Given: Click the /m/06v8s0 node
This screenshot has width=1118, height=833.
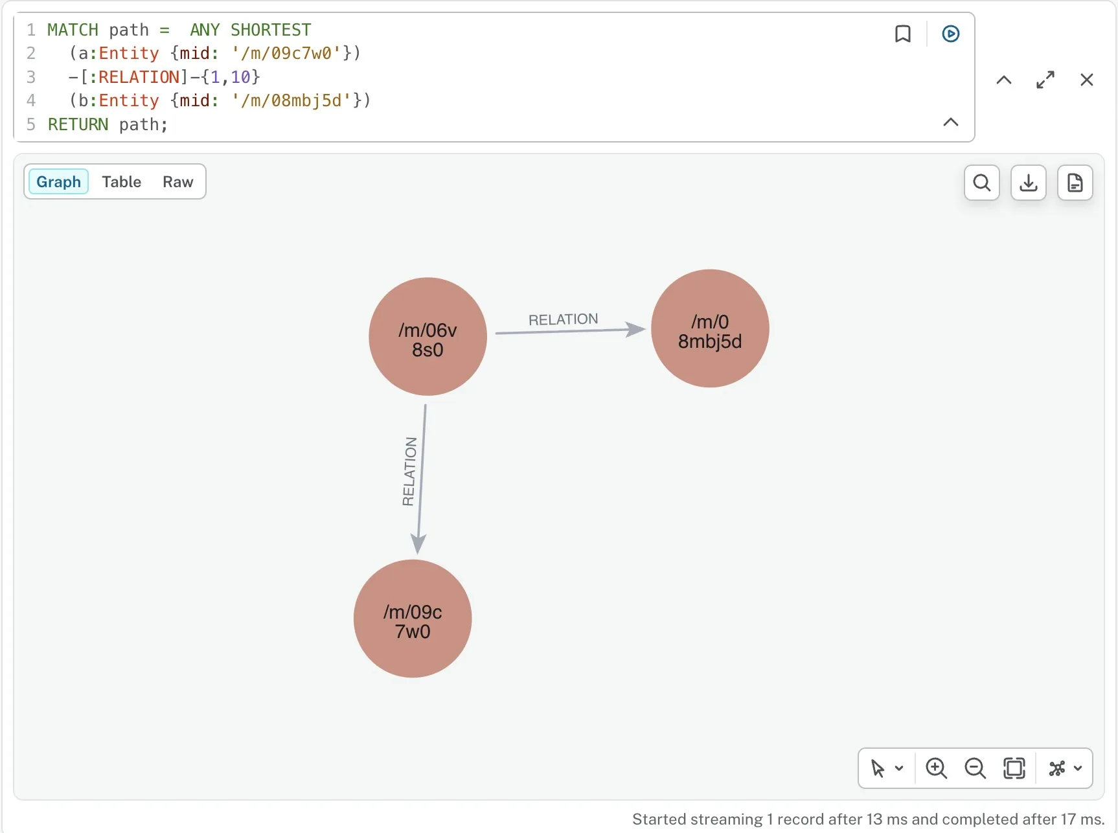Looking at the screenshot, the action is pyautogui.click(x=428, y=337).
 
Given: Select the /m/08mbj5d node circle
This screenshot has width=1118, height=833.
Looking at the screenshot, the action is pyautogui.click(x=710, y=328).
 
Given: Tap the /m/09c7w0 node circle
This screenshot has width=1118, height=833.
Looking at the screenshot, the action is pyautogui.click(x=413, y=619).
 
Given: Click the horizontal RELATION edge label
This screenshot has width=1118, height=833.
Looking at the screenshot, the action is pyautogui.click(x=564, y=319).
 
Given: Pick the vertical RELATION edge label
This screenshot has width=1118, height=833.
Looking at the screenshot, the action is pyautogui.click(x=409, y=472).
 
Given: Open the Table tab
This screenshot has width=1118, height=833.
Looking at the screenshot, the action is pyautogui.click(x=122, y=182).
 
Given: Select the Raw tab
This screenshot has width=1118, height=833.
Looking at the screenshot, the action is pyautogui.click(x=178, y=182).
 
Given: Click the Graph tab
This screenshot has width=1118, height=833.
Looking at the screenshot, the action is pyautogui.click(x=58, y=182).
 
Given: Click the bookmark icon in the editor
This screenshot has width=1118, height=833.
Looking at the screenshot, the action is pyautogui.click(x=903, y=34).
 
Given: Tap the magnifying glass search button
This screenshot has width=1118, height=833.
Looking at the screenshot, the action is pyautogui.click(x=982, y=183).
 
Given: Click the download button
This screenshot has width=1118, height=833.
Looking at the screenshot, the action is pyautogui.click(x=1029, y=183).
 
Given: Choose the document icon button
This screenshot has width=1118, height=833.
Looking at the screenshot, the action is pyautogui.click(x=1075, y=183).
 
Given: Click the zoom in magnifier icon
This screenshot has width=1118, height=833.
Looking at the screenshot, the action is pyautogui.click(x=937, y=768).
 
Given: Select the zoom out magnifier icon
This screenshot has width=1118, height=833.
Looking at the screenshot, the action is pyautogui.click(x=975, y=768).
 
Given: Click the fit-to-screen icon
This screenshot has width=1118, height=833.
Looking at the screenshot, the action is pyautogui.click(x=1014, y=768).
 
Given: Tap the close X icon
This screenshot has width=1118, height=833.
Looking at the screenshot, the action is pyautogui.click(x=1087, y=80).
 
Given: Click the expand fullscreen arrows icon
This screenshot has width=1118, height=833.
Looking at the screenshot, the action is pyautogui.click(x=1045, y=80).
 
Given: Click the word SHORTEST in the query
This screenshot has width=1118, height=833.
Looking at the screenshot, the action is pyautogui.click(x=271, y=30).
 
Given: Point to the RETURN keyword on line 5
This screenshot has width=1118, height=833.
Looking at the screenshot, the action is pyautogui.click(x=78, y=124).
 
